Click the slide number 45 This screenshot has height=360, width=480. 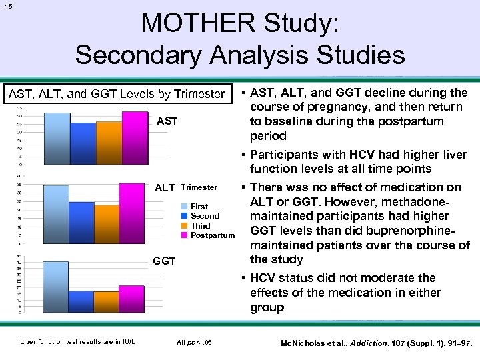click(x=8, y=7)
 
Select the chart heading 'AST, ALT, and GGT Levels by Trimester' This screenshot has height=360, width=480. click(x=116, y=94)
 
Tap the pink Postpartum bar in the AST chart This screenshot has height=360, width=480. click(x=134, y=137)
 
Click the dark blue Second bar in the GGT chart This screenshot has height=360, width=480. click(x=82, y=301)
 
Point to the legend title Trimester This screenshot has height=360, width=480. click(x=199, y=187)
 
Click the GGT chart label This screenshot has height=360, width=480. click(x=164, y=261)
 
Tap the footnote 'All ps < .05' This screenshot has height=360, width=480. click(x=195, y=342)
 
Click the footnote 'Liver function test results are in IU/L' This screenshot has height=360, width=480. click(x=78, y=342)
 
